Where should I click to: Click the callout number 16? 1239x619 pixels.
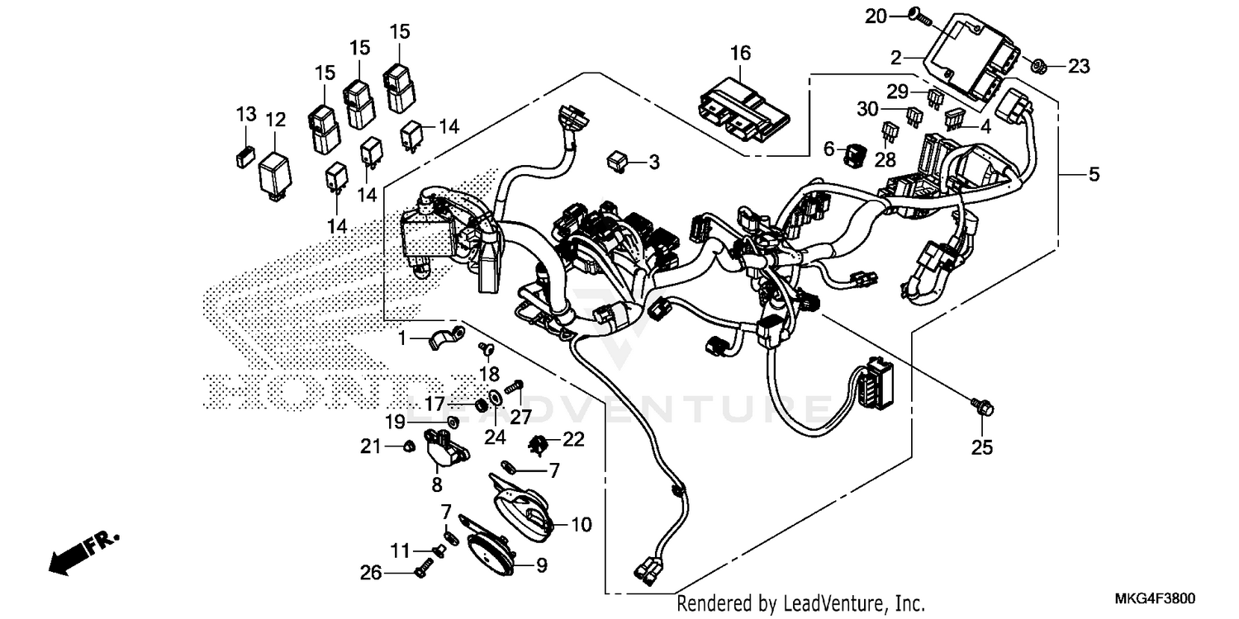tap(740, 54)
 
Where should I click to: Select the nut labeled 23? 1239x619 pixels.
tap(1041, 67)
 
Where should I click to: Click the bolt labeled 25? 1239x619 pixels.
tap(983, 407)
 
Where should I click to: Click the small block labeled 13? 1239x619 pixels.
tap(244, 157)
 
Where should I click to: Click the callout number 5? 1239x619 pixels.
tap(1093, 174)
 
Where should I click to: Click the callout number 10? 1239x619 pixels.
tap(581, 524)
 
